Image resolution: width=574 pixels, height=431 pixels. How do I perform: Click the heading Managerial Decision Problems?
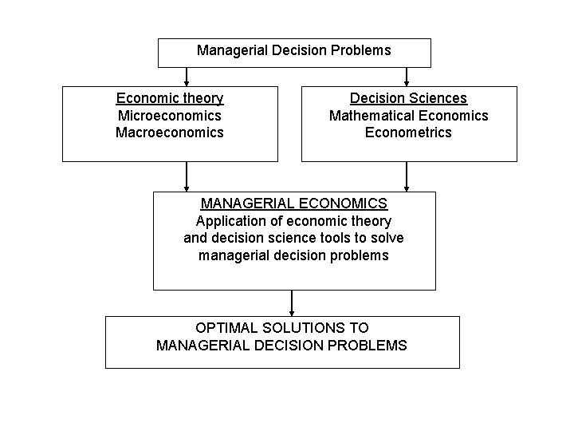coord(294,50)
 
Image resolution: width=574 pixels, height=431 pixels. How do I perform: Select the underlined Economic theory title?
coord(170,98)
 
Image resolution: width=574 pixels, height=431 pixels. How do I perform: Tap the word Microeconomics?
coord(170,115)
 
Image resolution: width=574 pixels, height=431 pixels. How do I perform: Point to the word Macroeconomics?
coord(170,132)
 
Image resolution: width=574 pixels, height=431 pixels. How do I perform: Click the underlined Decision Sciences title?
coord(408,98)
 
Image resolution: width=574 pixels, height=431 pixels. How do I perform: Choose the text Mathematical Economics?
coord(408,115)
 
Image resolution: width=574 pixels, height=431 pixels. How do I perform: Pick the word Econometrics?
coord(408,132)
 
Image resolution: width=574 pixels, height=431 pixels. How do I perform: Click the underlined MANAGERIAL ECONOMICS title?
coord(294,204)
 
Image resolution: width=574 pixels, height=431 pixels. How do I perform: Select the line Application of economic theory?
coord(294,221)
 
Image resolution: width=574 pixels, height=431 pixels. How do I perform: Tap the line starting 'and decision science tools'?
coord(294,238)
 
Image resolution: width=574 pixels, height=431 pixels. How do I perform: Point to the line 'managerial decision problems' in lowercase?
coord(294,255)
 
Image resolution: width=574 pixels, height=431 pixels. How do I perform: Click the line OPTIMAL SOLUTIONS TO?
coord(282,327)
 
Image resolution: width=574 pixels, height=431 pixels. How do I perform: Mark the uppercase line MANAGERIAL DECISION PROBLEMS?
coord(282,345)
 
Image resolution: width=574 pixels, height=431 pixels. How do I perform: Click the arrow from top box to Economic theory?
coord(187,77)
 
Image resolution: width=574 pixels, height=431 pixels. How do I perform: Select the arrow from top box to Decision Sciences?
coord(407,77)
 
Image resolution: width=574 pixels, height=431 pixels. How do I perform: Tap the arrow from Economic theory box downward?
coord(187,176)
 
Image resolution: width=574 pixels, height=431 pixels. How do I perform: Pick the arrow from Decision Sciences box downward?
coord(407,176)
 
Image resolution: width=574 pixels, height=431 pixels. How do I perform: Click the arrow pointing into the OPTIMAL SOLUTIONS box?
coord(292,302)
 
